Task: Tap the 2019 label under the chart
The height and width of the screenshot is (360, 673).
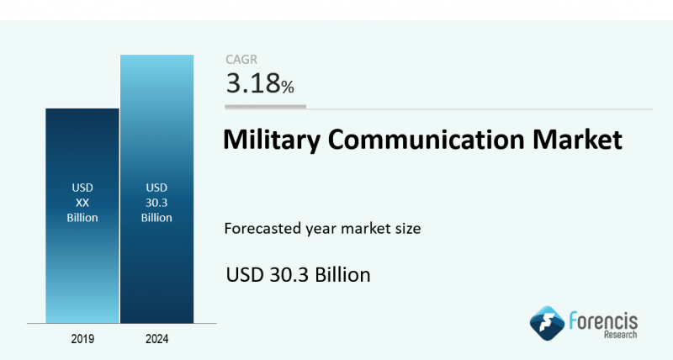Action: pos(82,339)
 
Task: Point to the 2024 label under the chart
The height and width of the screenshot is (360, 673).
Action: pos(156,339)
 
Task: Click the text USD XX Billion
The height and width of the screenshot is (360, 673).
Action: pos(82,202)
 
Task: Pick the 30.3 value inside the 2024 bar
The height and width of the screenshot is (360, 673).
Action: pos(156,202)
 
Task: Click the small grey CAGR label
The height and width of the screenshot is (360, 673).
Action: pos(241,59)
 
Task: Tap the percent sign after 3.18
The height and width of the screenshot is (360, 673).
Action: pos(288,86)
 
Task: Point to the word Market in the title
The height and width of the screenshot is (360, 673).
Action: pos(578,140)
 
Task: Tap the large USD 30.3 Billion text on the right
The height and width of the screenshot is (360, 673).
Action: pos(299,274)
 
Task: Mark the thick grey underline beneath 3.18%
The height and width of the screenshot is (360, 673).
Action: pos(265,107)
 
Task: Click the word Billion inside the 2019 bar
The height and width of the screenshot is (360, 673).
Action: pos(82,217)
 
